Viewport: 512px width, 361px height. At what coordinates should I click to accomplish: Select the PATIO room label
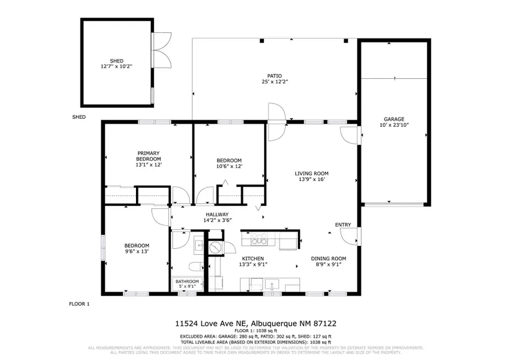click(275, 75)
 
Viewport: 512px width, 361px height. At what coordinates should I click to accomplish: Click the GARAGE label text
click(394, 119)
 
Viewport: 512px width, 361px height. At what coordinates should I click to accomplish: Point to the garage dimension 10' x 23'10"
click(394, 125)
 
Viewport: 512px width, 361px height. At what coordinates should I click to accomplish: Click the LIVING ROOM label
click(311, 173)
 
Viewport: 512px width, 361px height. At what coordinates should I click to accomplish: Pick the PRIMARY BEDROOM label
click(148, 156)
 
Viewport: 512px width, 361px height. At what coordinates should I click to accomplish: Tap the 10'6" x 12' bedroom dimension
click(229, 166)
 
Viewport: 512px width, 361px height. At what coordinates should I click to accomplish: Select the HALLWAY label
click(209, 214)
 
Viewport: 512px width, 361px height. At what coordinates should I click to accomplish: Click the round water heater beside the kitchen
click(216, 247)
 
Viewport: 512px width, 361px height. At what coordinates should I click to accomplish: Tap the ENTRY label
click(342, 225)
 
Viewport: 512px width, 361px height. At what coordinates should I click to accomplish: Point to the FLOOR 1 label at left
click(79, 304)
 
